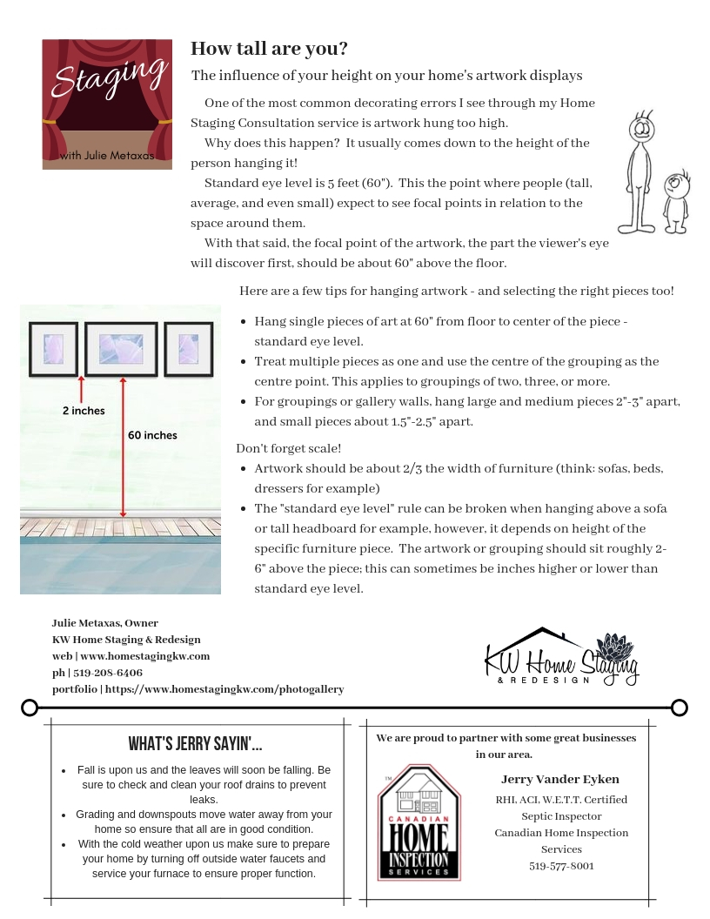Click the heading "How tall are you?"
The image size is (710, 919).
point(269,49)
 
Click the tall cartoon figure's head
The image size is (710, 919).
point(641,131)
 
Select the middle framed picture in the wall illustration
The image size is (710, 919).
point(121,349)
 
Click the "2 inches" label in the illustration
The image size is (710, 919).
point(84,411)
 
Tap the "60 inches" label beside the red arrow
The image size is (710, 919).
point(152,435)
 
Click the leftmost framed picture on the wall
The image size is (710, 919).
point(53,349)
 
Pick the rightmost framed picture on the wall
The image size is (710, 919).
point(188,349)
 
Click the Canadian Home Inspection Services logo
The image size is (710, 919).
point(419,822)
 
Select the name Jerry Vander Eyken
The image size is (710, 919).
point(560,779)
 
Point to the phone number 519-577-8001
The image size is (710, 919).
point(561,866)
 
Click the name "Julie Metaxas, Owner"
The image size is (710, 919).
point(105,623)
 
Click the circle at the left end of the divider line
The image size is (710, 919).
point(30,708)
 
